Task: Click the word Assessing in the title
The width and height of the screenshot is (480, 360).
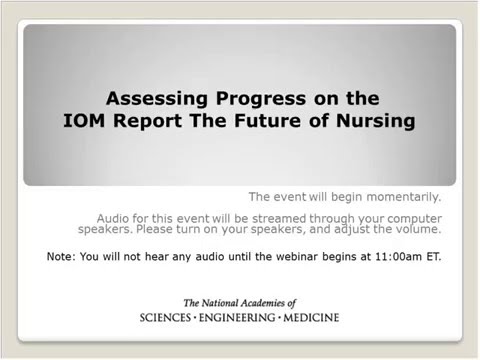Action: tap(157, 99)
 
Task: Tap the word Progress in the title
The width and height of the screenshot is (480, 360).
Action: tap(261, 99)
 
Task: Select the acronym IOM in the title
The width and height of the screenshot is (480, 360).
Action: tap(84, 120)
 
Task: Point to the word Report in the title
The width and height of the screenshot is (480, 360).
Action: tap(147, 121)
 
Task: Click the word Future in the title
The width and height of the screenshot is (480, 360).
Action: tap(268, 120)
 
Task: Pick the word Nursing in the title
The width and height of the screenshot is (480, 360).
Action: tap(375, 121)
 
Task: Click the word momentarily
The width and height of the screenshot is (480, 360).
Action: tap(404, 197)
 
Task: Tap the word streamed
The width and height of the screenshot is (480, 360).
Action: tap(279, 219)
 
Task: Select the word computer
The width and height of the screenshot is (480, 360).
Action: tap(414, 219)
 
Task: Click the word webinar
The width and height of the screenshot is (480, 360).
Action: tap(298, 257)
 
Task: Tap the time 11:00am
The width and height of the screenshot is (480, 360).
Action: tap(398, 257)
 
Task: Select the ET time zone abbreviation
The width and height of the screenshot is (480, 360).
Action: tap(434, 257)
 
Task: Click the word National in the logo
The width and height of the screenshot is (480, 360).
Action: tap(220, 303)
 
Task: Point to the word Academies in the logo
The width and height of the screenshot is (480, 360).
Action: tap(263, 303)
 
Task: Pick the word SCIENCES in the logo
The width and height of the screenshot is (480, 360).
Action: tap(165, 318)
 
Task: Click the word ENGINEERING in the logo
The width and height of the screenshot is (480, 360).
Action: tap(237, 318)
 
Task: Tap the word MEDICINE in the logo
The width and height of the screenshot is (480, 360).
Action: tap(311, 318)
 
